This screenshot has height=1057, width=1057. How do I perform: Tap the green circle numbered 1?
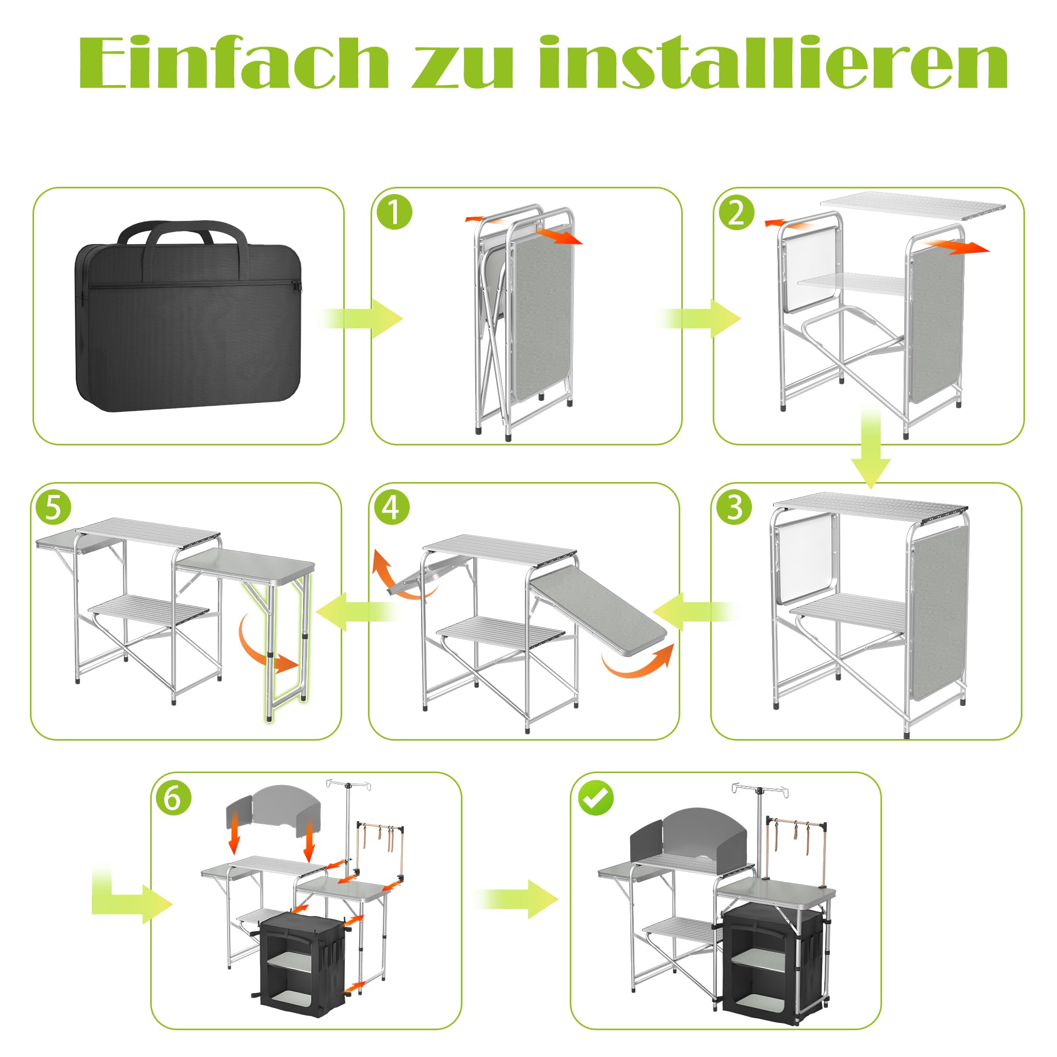point(394,213)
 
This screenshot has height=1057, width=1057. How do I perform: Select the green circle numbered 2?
point(736,213)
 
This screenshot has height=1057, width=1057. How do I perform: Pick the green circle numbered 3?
point(734,507)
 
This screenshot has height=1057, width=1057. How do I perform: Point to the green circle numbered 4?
point(392,507)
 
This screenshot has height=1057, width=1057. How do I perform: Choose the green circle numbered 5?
point(53,507)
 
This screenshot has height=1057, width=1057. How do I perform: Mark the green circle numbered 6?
point(173,798)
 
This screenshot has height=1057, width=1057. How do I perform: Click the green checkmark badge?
point(596,799)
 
